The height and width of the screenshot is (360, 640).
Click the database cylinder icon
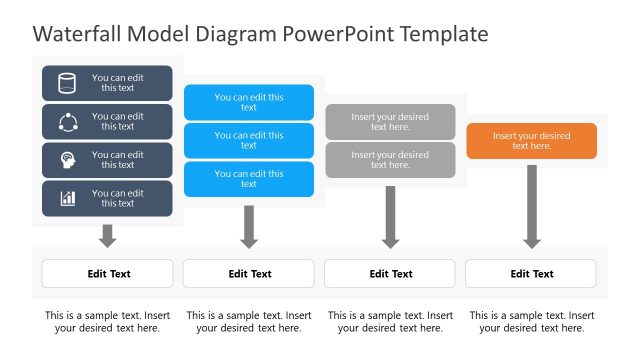coord(68,83)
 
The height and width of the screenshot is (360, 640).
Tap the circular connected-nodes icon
coord(68,122)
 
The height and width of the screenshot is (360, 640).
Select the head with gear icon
coord(68,160)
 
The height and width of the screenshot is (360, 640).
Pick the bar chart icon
coord(68,198)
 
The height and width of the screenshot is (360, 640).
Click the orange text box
coord(531,141)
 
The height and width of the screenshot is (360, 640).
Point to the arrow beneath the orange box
coord(532,206)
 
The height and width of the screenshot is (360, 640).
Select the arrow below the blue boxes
coord(249,226)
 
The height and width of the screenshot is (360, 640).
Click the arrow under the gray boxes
coord(390,216)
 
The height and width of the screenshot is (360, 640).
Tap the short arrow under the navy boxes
coord(108,236)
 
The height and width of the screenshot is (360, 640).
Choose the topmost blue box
coord(249,102)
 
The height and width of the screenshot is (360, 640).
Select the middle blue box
coord(249,141)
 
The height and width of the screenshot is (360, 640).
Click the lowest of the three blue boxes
coord(249,179)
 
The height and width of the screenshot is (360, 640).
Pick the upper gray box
coord(390,122)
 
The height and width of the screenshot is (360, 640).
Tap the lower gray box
coord(390,160)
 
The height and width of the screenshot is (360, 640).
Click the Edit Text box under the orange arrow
coord(531,274)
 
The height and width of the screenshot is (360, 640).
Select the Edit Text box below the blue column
coord(249,274)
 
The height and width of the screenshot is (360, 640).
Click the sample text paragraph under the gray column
coord(390,321)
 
